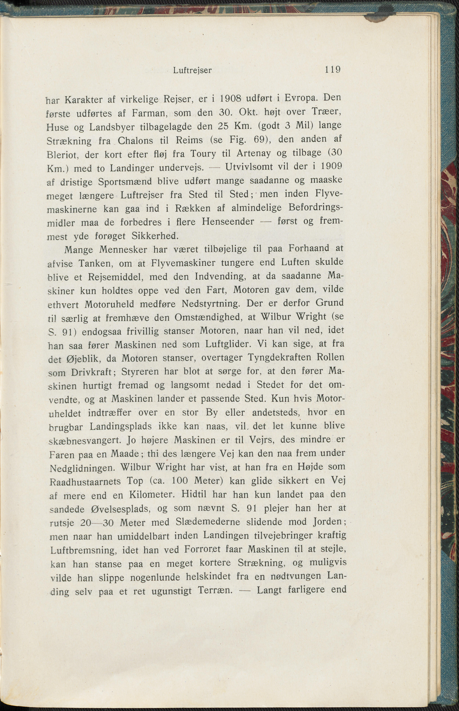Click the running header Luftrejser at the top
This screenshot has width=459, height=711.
pyautogui.click(x=192, y=71)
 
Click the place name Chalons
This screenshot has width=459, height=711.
pyautogui.click(x=135, y=140)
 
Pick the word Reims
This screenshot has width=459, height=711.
pyautogui.click(x=189, y=140)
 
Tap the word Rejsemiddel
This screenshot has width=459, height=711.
pyautogui.click(x=117, y=277)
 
